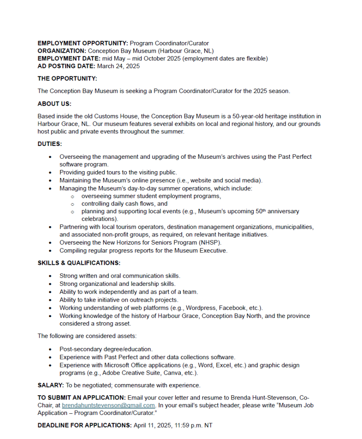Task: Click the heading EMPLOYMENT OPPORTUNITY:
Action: click(x=83, y=43)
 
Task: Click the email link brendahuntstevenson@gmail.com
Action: click(x=108, y=405)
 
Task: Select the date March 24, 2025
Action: click(x=118, y=66)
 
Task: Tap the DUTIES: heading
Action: click(x=50, y=144)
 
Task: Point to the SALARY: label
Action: click(x=51, y=385)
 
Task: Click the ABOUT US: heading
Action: click(x=54, y=104)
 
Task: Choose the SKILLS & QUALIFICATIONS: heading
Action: click(x=79, y=263)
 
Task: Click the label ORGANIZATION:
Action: click(x=62, y=51)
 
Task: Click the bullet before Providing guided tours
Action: click(x=51, y=173)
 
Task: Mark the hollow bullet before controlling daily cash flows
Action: click(x=73, y=204)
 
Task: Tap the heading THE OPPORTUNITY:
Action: click(x=67, y=79)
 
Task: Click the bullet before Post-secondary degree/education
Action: click(x=51, y=350)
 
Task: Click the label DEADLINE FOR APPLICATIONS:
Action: click(x=84, y=425)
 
